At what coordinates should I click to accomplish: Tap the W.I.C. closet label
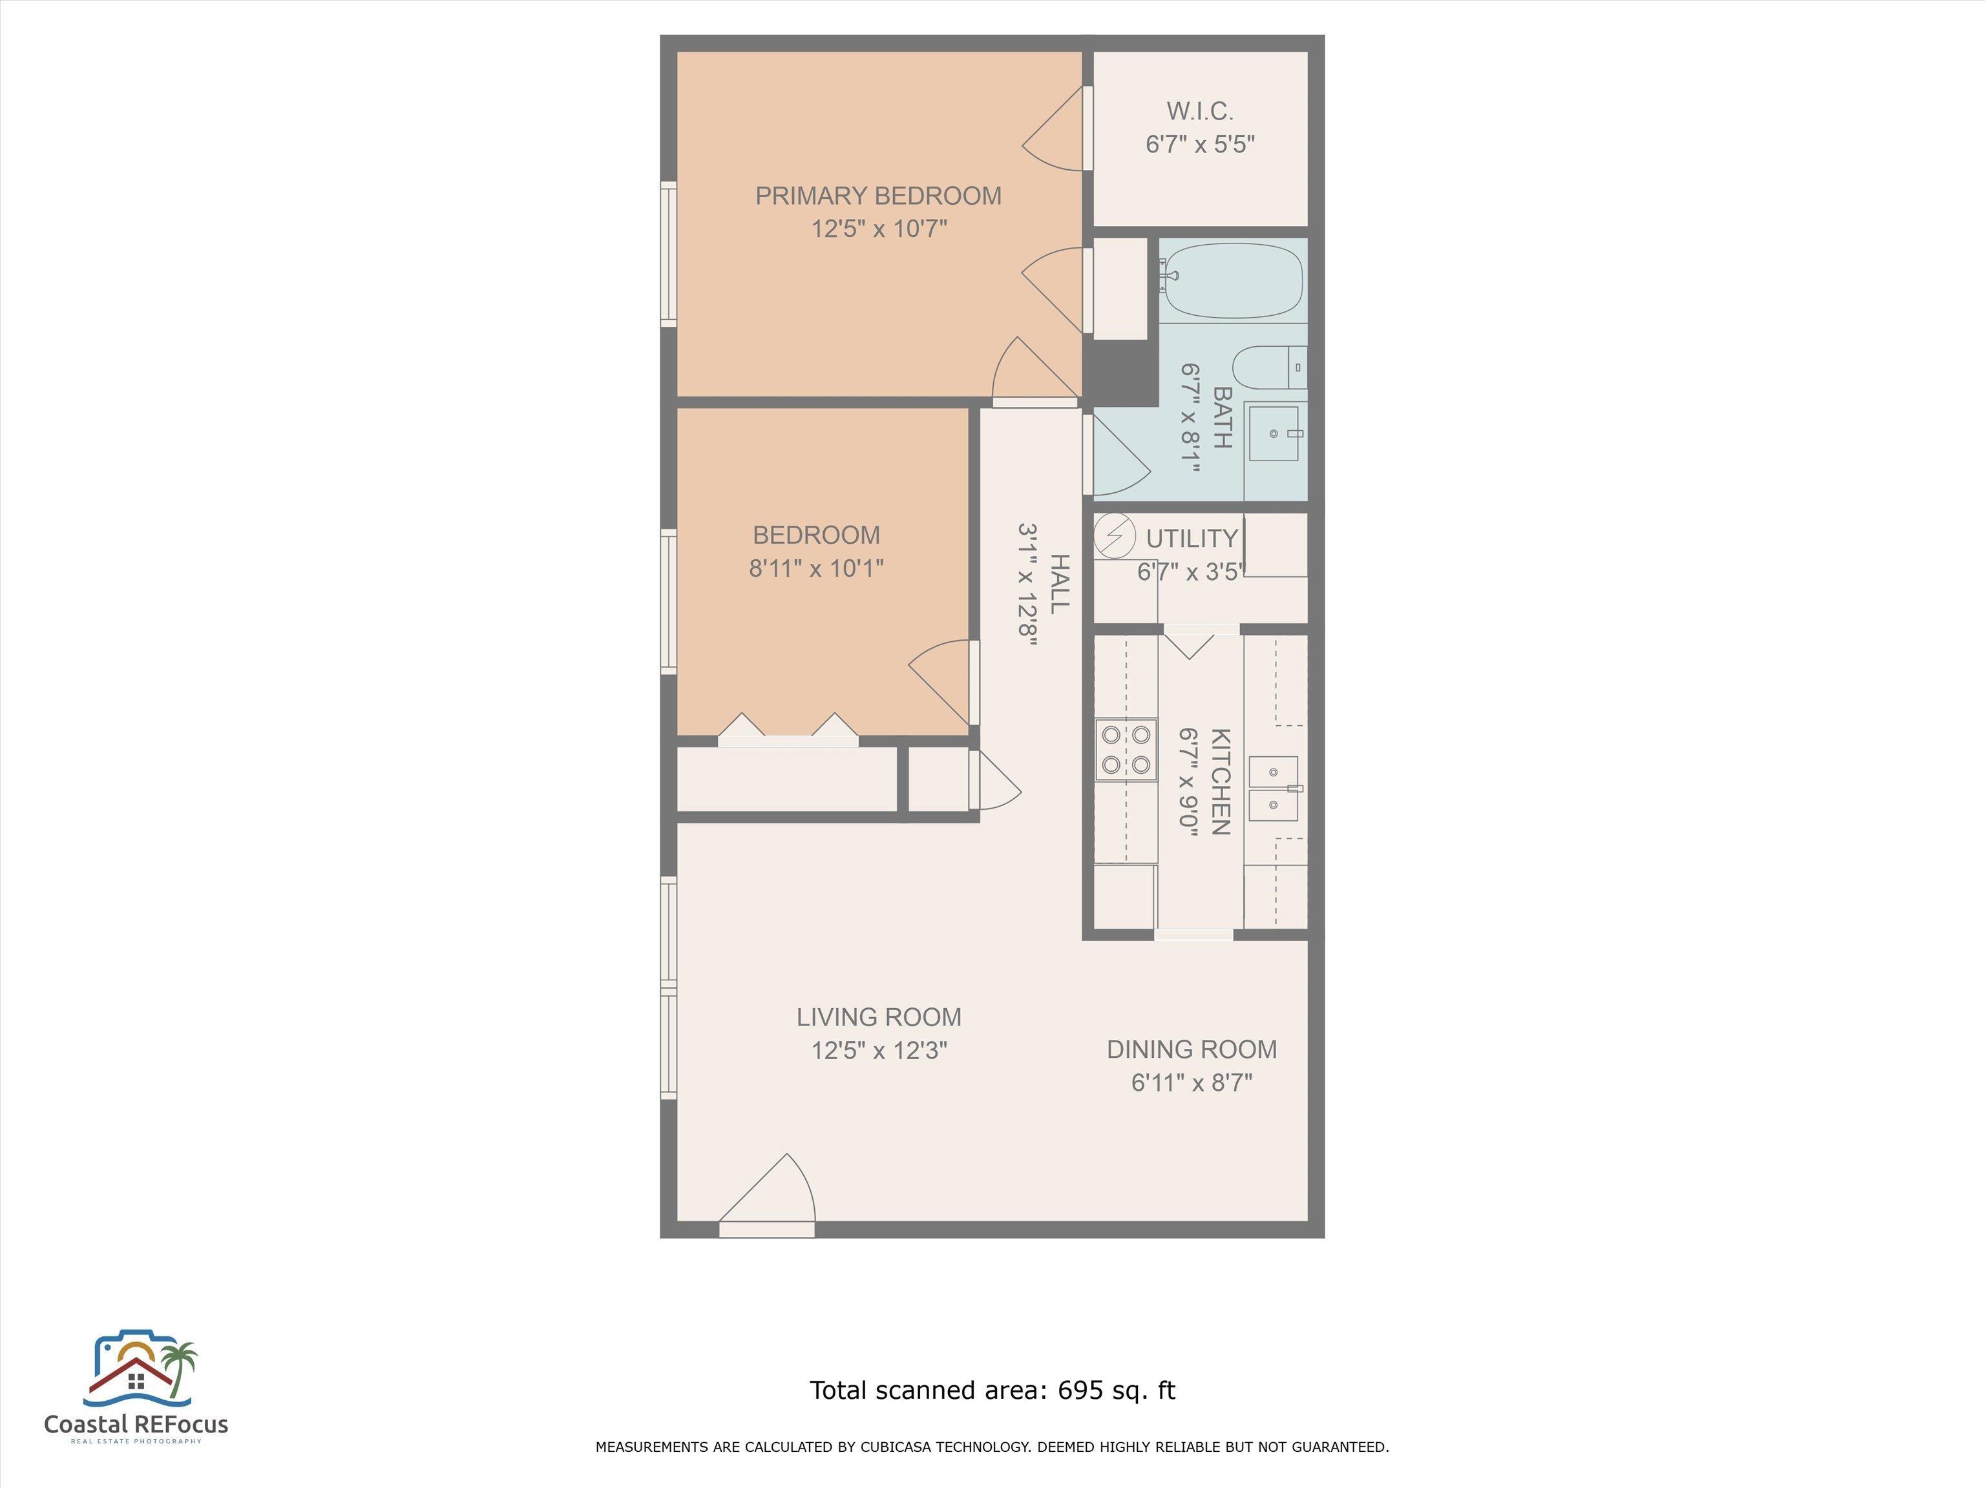coord(1200,111)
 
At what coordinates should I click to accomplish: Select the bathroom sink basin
coord(1274,433)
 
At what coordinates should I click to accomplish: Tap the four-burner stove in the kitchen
coord(1126,750)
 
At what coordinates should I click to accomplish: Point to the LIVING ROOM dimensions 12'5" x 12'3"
coord(879,1050)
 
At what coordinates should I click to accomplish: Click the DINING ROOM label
coord(1192,1049)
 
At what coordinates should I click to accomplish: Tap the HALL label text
coord(1060,584)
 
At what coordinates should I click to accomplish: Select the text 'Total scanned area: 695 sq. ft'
coord(992,1390)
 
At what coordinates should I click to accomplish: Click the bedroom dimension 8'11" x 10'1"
coord(817,568)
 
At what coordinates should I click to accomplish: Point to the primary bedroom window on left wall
coord(669,254)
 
